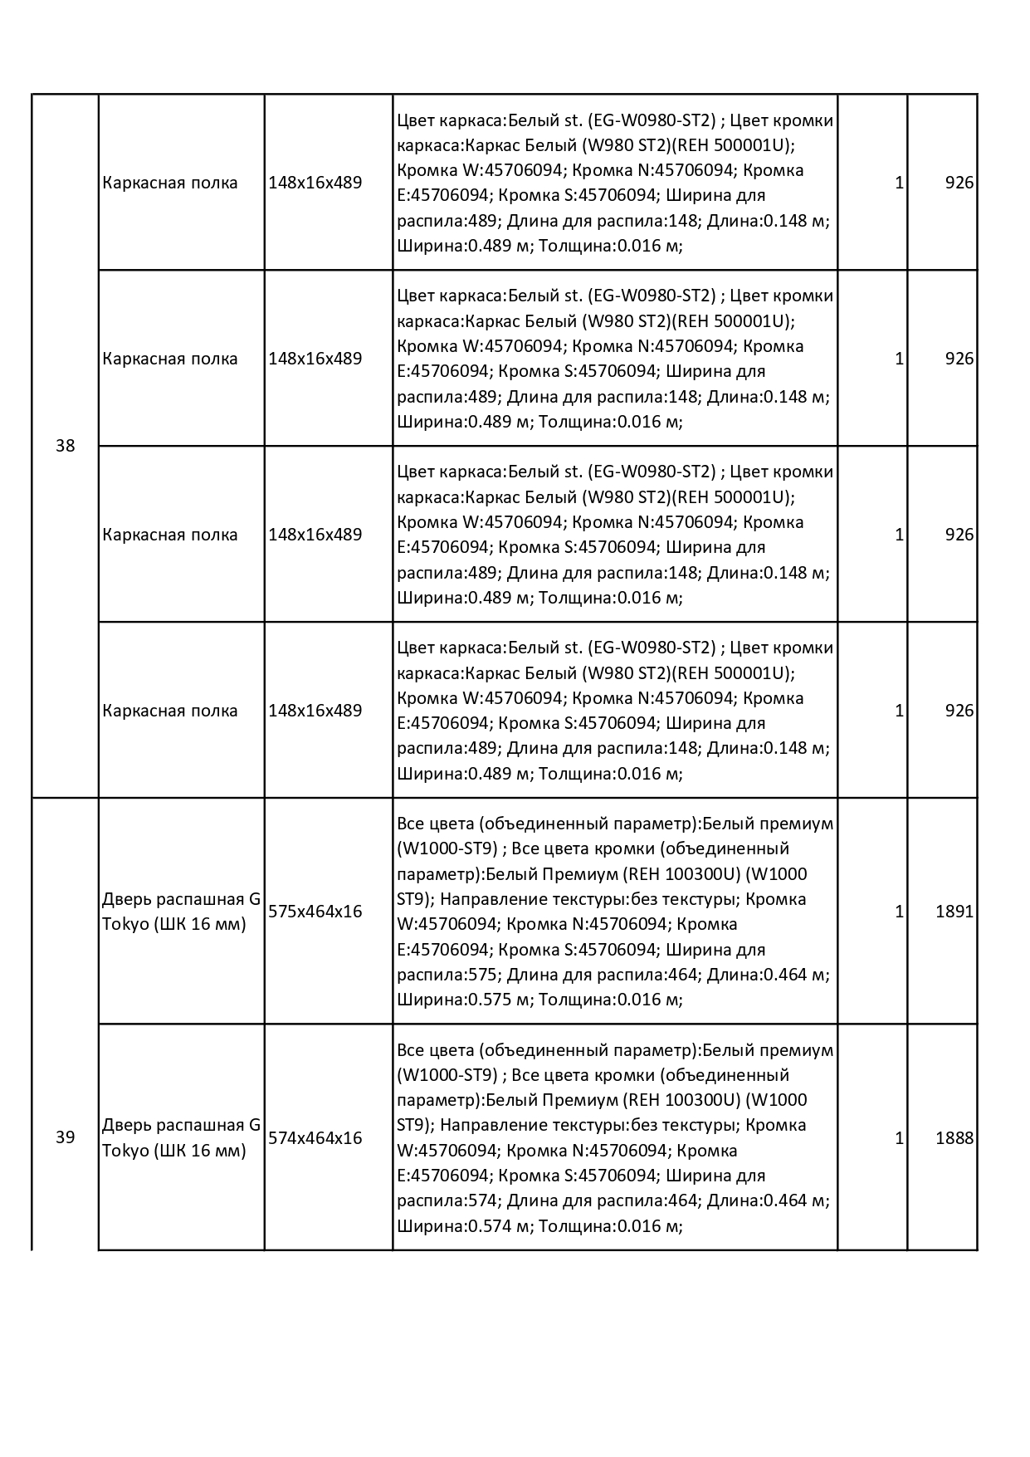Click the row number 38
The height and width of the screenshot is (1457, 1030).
65,446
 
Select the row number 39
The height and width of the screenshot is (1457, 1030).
65,1137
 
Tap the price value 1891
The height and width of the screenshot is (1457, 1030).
954,912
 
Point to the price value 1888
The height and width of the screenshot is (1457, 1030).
954,1138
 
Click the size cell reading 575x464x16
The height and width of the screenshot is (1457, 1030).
315,912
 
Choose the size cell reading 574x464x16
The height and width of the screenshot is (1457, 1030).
315,1138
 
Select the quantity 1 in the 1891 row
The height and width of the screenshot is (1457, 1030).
899,912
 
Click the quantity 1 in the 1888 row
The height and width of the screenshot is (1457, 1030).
899,1138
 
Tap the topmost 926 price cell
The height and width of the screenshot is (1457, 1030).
959,183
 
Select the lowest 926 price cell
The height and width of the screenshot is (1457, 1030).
959,711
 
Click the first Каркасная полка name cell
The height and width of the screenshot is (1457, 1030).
170,183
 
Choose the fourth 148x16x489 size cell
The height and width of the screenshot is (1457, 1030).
315,711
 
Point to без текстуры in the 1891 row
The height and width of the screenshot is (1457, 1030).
686,899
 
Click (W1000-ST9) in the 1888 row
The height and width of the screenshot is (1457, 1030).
447,1075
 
